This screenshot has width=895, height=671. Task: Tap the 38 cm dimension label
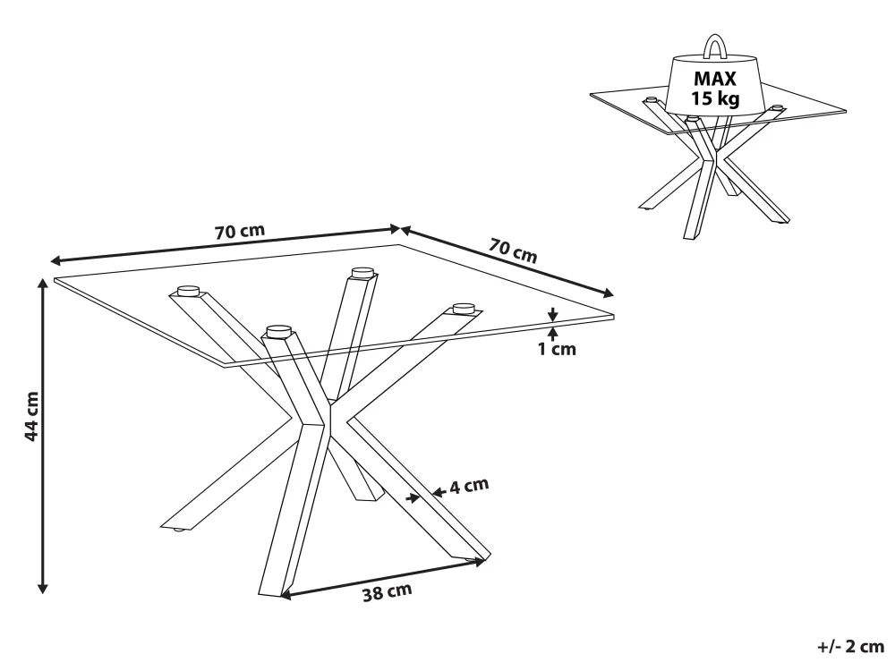pyautogui.click(x=388, y=591)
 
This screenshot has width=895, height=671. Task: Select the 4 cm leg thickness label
pyautogui.click(x=469, y=487)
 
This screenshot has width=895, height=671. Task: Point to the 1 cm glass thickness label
pyautogui.click(x=557, y=349)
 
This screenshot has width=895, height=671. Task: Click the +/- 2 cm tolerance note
pyautogui.click(x=849, y=647)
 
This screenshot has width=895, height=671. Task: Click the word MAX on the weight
pyautogui.click(x=715, y=80)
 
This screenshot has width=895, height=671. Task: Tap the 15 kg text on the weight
pyautogui.click(x=715, y=98)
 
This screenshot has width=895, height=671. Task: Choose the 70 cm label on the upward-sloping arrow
pyautogui.click(x=239, y=231)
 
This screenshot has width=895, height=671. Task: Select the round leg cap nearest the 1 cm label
pyautogui.click(x=463, y=308)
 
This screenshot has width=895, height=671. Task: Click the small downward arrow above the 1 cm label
pyautogui.click(x=553, y=315)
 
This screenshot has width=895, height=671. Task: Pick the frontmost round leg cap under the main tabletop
pyautogui.click(x=278, y=330)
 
